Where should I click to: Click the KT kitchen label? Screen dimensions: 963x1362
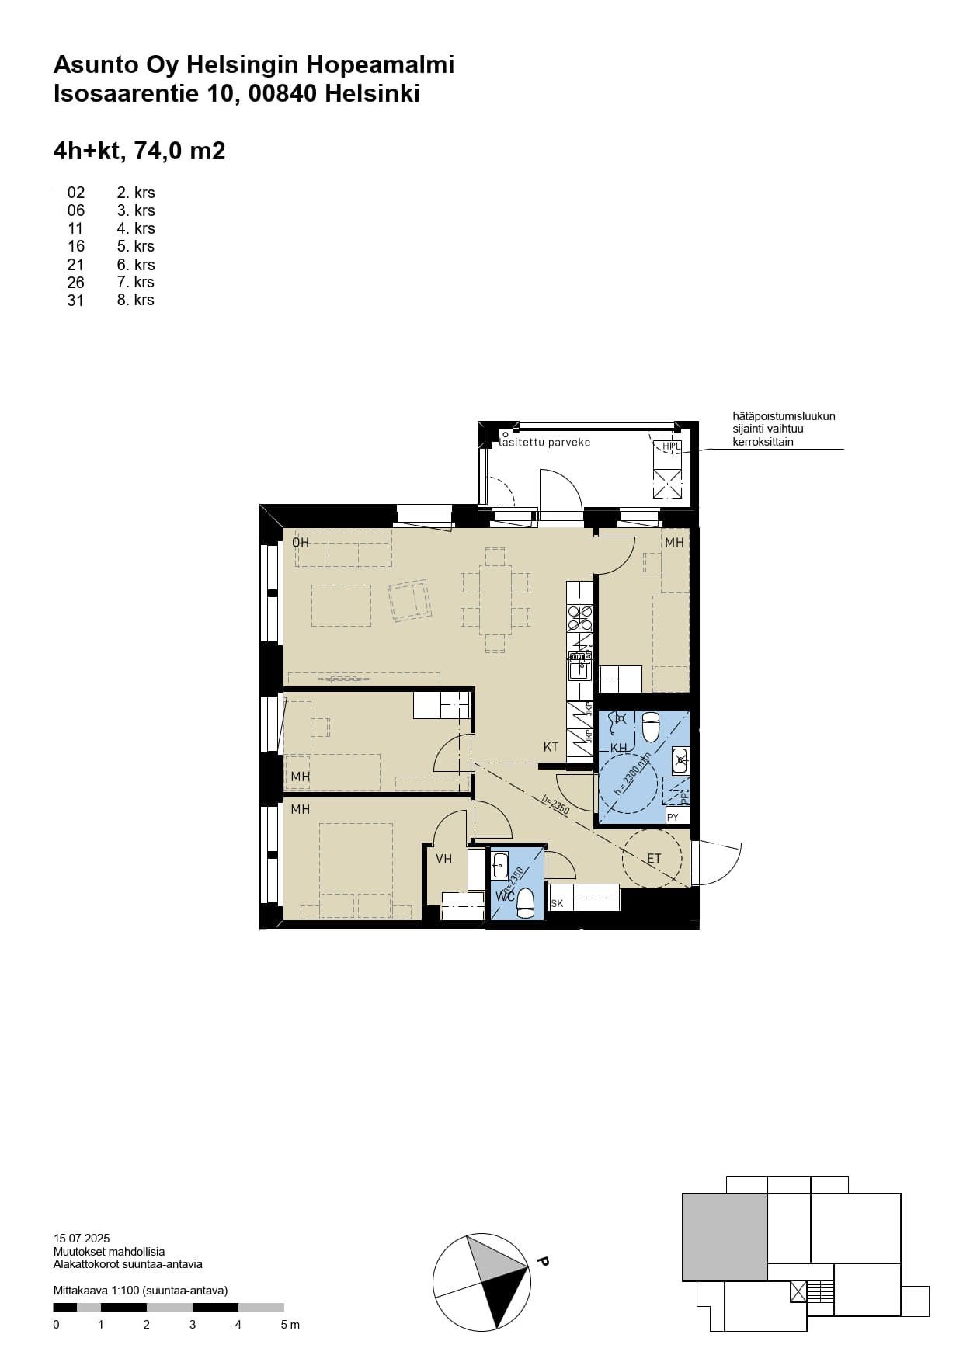click(x=551, y=747)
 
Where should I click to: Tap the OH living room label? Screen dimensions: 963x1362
click(x=301, y=542)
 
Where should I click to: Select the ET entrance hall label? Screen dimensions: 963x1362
click(x=654, y=859)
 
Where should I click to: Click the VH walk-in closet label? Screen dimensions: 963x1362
click(x=443, y=859)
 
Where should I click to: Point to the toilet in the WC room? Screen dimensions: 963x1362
click(x=526, y=902)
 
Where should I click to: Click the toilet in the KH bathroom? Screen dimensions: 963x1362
click(x=651, y=728)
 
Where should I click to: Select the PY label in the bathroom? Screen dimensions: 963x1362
click(x=673, y=817)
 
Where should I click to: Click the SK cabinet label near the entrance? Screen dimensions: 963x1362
click(x=557, y=903)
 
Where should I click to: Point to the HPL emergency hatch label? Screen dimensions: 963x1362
click(x=671, y=446)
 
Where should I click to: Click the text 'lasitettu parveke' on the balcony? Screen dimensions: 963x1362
click(x=545, y=443)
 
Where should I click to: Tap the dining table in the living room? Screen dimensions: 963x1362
click(x=495, y=599)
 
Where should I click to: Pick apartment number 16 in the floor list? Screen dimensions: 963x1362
click(x=76, y=246)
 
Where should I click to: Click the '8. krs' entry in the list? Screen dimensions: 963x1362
click(x=136, y=300)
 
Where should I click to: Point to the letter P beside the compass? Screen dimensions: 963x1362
click(x=543, y=1197)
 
